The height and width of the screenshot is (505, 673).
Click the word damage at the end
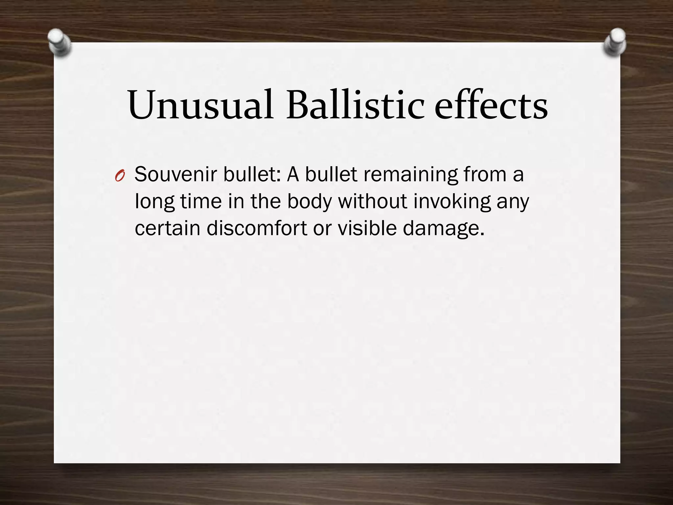(444, 228)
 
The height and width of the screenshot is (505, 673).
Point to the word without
(373, 201)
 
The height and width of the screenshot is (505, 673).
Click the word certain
(167, 228)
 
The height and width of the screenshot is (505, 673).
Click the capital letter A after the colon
(293, 174)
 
